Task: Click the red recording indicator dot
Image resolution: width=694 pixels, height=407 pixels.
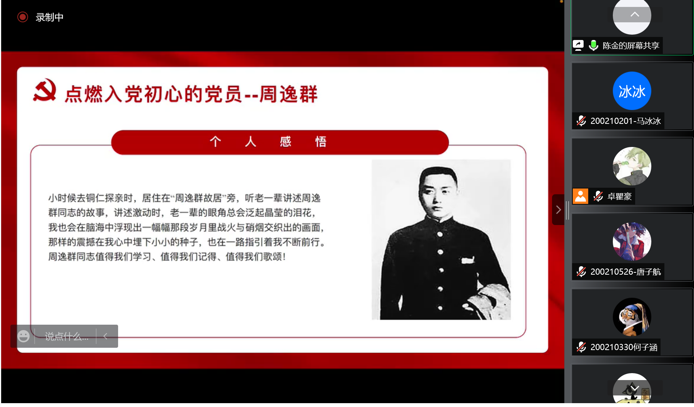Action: [x=23, y=17]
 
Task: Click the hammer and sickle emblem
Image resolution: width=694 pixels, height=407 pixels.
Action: [x=45, y=90]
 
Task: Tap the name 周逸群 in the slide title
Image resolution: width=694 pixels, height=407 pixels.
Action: [x=289, y=94]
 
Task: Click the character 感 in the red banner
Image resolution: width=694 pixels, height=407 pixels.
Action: [x=285, y=142]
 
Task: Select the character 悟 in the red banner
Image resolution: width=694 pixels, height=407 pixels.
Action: [x=320, y=142]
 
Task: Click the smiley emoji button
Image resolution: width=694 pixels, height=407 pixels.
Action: [x=23, y=336]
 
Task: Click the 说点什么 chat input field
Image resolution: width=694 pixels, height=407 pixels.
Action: [x=66, y=337]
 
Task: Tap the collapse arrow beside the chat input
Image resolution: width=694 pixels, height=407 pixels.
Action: [x=105, y=337]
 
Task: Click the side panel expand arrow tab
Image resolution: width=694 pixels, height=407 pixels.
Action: [x=558, y=210]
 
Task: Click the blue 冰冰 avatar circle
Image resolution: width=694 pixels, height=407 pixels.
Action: [x=632, y=91]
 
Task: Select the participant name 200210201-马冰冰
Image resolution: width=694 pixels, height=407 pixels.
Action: [x=625, y=121]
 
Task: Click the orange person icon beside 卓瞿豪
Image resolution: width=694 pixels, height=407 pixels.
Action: [x=580, y=196]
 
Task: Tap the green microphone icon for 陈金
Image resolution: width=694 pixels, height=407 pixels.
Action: [x=593, y=45]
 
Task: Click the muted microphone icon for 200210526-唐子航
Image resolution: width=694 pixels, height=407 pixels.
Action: [x=581, y=272]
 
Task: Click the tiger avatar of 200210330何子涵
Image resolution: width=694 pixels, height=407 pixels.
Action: [x=632, y=317]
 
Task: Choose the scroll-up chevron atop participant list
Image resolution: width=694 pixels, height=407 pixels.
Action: [x=635, y=15]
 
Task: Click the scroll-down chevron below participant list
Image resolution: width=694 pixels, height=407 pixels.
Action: [x=635, y=388]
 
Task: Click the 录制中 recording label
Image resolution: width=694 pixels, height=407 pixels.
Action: [x=49, y=17]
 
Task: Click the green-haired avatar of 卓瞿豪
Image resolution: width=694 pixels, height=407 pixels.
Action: [x=632, y=166]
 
